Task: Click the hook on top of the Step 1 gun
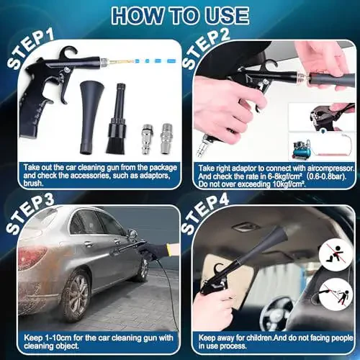(71, 53)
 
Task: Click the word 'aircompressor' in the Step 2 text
(317, 166)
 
